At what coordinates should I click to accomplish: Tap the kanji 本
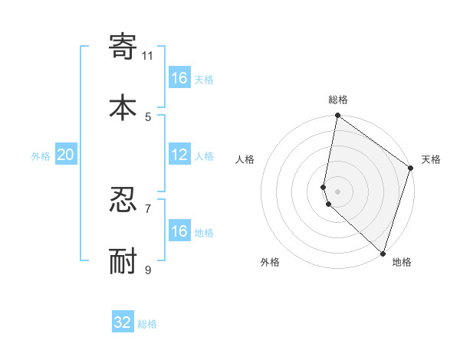coord(123,107)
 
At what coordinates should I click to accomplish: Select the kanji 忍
coord(123,200)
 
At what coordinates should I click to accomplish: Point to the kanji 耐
coord(123,261)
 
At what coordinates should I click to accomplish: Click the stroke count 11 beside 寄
coord(148,55)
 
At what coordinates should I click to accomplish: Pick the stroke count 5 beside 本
coord(148,116)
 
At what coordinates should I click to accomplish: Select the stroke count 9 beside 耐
coord(148,270)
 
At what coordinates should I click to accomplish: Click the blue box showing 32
coord(123,322)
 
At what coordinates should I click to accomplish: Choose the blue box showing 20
coord(65,155)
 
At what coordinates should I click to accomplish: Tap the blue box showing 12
coord(179,155)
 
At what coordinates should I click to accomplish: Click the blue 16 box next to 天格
coord(179,78)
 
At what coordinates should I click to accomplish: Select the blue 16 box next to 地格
coord(179,231)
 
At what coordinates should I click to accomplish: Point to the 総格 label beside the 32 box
coord(147,324)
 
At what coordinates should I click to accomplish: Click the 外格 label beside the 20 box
coord(41,156)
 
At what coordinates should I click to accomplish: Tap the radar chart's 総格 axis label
coord(338,100)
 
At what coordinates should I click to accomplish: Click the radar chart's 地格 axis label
coord(402,262)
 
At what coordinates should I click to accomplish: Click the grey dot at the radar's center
coord(338,191)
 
